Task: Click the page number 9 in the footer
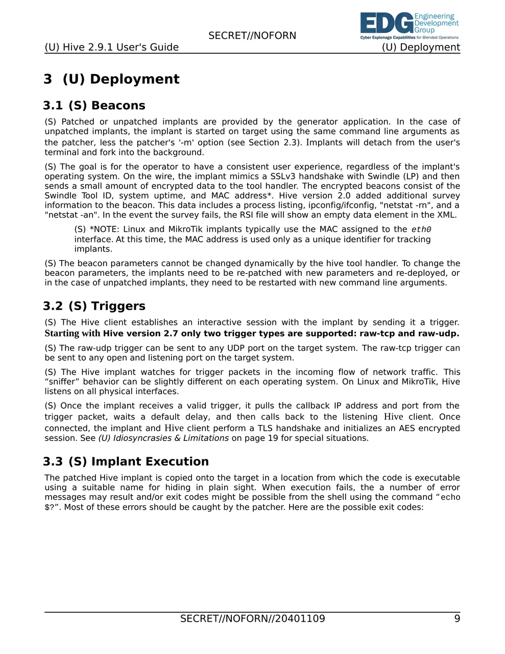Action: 457,619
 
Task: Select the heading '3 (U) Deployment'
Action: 111,79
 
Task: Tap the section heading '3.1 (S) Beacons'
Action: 94,106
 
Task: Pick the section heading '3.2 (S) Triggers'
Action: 94,306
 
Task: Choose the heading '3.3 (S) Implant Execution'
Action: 126,462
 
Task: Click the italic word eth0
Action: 421,230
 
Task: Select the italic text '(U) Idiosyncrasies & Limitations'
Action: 163,438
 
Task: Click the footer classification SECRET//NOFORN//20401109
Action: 252,619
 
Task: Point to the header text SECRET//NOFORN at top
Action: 252,36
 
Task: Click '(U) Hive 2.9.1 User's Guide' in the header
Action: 111,48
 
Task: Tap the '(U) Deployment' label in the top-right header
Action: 421,48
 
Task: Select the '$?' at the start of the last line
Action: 50,507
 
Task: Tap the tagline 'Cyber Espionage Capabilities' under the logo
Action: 388,38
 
